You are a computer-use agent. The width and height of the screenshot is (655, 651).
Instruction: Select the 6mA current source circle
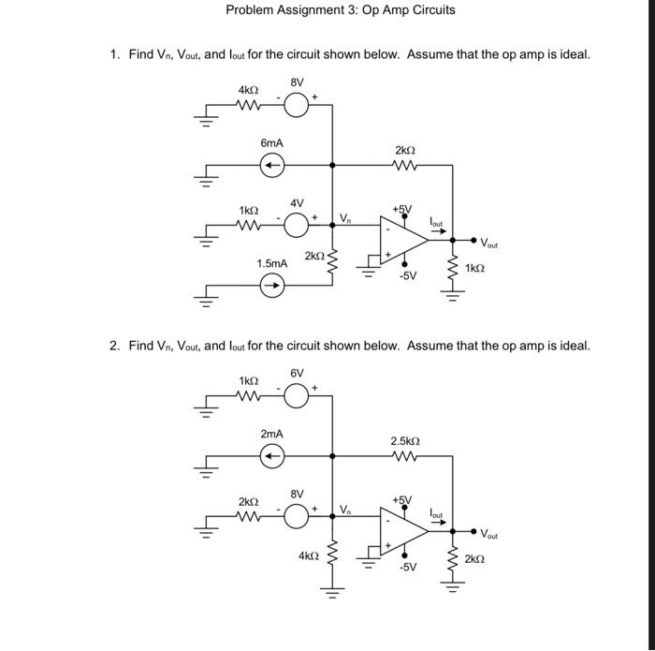click(x=271, y=167)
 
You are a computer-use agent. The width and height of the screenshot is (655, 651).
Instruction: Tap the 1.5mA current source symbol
click(x=271, y=288)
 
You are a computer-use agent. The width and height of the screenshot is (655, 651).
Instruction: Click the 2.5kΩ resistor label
click(x=404, y=440)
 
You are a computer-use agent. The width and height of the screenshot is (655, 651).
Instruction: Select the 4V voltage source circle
click(x=296, y=226)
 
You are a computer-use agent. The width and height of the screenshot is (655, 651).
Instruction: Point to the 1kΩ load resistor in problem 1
click(x=452, y=269)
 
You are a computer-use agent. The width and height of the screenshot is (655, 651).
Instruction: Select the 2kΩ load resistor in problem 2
click(x=452, y=559)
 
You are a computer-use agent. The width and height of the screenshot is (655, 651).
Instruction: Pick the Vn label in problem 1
click(x=345, y=219)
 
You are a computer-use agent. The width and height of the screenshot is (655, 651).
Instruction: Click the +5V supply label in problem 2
click(x=403, y=499)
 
